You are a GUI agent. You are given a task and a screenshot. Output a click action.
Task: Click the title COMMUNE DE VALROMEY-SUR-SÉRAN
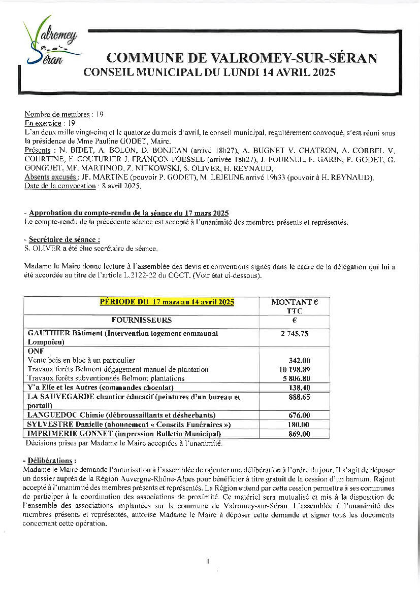[242, 58]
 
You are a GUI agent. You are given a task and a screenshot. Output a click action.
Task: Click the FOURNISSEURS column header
[142, 320]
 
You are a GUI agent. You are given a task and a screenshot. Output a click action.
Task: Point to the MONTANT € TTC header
[295, 306]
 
